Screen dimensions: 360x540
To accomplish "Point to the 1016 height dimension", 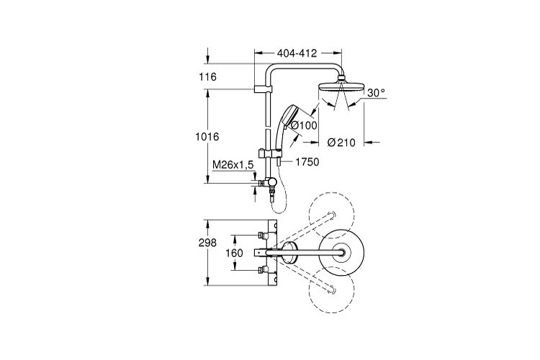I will [x=206, y=136].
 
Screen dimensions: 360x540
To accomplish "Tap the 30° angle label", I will [x=376, y=93].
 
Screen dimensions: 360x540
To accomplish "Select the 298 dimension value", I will [x=207, y=243].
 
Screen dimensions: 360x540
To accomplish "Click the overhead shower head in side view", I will [x=338, y=92].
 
